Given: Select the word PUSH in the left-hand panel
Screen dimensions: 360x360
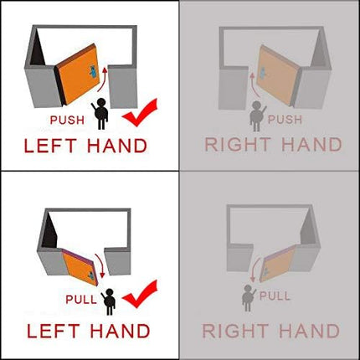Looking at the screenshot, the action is pos(67,120).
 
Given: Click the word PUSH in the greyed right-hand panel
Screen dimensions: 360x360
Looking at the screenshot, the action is pos(285,120).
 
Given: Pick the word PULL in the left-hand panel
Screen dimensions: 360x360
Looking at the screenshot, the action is pos(81,300).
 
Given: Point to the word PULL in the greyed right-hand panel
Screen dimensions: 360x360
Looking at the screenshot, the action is pos(275,296).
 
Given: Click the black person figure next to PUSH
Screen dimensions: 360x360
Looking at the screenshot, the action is pos(100,114).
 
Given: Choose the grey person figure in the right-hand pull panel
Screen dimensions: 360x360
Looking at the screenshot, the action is pos(249,298).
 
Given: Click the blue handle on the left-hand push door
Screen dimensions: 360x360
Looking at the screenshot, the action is pos(93,71).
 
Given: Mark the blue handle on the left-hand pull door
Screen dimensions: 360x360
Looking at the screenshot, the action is pos(92,275).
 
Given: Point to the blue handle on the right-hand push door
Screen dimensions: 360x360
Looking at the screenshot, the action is pos(263,74).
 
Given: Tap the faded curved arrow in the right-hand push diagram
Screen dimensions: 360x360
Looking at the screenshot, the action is pos(255,85).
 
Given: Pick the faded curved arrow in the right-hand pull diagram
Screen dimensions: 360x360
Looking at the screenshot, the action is pos(255,270).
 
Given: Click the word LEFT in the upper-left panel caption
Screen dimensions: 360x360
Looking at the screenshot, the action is pos(50,146).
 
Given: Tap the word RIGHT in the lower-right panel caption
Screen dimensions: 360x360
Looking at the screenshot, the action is pos(235,331).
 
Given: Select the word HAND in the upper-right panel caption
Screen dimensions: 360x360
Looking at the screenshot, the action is pos(311,144).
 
